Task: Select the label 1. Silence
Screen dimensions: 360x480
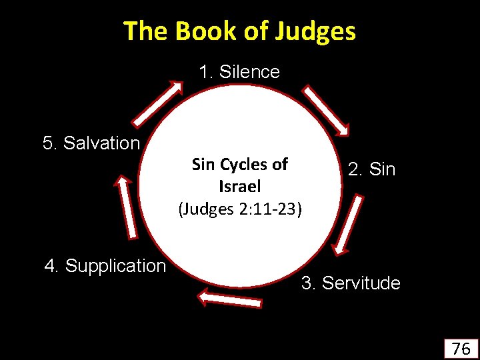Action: pos(239,72)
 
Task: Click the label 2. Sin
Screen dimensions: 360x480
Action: pos(371,170)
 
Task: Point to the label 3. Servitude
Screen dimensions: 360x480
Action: pos(351,283)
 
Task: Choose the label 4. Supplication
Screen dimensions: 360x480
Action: pos(105,266)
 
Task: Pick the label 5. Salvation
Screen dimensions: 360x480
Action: pos(91,143)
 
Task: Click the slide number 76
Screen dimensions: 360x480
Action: pos(461,348)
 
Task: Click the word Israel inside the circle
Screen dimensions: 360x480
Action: pos(239,187)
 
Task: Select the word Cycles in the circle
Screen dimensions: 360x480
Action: pos(243,165)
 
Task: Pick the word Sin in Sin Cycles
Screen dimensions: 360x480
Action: pos(203,165)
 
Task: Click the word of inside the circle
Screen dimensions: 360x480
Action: pos(280,165)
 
